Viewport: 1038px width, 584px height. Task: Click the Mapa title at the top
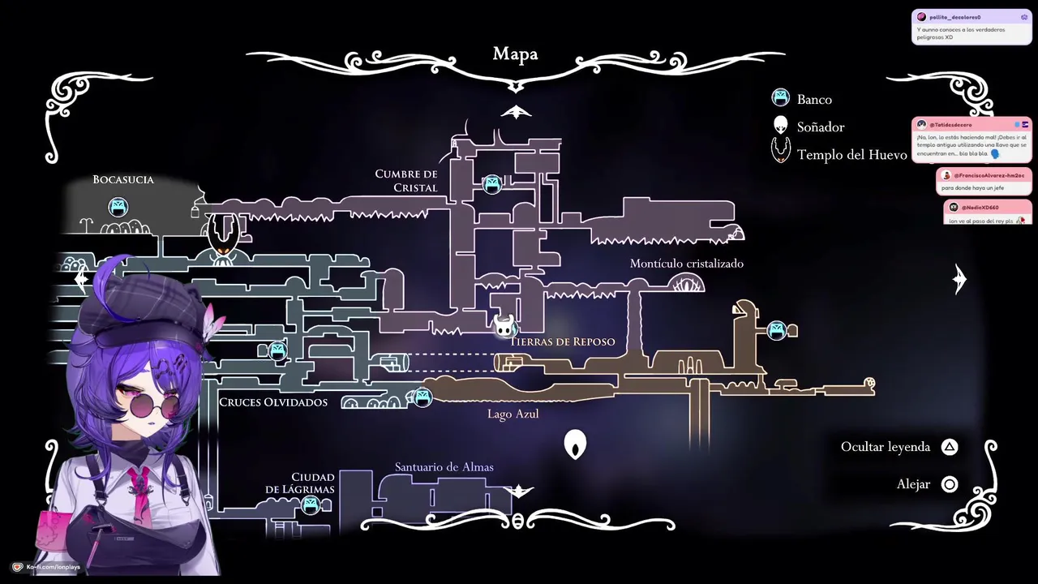click(x=515, y=54)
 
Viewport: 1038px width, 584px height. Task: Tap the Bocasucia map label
click(x=123, y=180)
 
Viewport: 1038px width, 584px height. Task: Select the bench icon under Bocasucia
click(x=118, y=207)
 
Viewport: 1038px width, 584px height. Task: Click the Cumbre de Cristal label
click(x=406, y=181)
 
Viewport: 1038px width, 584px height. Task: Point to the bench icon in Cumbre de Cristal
click(x=491, y=185)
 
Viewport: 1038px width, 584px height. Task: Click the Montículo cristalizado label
click(x=686, y=264)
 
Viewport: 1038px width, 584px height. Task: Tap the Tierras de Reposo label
click(x=563, y=341)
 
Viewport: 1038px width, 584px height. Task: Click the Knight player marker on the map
click(x=505, y=326)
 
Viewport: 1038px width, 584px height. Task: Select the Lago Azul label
click(x=513, y=414)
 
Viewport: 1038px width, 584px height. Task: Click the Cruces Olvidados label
click(x=273, y=402)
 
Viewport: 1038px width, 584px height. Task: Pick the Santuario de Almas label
click(x=444, y=467)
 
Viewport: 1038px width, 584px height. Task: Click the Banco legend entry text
click(x=814, y=100)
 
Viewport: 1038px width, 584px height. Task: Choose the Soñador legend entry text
click(x=821, y=127)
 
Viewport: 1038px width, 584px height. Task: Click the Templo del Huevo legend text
click(x=851, y=155)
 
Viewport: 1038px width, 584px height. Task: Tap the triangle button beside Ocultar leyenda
click(x=950, y=447)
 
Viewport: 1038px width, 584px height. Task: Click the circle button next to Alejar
click(x=950, y=484)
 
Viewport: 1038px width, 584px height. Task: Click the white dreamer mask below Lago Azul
click(x=575, y=444)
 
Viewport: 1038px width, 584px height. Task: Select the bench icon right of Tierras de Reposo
click(x=777, y=330)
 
